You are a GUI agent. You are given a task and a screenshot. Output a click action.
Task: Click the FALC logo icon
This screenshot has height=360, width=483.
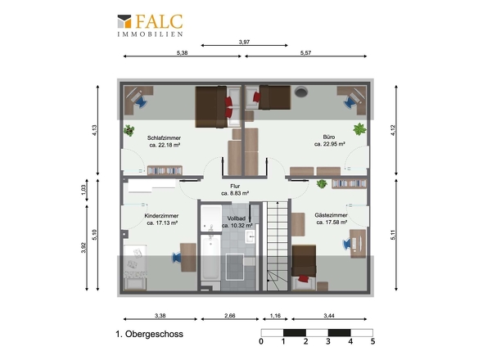[124, 21]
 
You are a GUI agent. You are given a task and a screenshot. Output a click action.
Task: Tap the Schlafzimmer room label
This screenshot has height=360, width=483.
[164, 138]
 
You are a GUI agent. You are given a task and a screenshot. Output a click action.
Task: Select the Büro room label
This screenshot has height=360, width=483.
[329, 137]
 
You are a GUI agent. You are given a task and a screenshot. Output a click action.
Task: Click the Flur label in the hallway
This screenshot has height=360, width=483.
[235, 187]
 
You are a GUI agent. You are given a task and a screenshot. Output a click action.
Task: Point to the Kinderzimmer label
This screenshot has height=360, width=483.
[161, 216]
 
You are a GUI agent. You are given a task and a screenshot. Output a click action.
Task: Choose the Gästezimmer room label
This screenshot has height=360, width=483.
[331, 215]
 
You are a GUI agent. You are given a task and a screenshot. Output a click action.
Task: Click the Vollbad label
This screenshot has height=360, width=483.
[237, 218]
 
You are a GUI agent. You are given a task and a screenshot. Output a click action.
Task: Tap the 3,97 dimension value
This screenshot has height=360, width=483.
[244, 42]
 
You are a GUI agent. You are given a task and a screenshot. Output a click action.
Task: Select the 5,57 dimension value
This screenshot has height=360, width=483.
[305, 53]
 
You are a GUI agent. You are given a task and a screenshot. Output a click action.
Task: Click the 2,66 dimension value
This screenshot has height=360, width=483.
[230, 316]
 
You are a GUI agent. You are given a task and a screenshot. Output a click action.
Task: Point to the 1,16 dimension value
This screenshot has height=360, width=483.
[275, 316]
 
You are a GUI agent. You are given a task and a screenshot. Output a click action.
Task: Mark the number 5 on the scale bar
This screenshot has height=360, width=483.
[372, 341]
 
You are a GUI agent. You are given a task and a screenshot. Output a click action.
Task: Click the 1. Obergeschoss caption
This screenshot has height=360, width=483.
[149, 334]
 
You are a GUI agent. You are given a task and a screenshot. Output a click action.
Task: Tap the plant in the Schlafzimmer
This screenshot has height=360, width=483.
[129, 130]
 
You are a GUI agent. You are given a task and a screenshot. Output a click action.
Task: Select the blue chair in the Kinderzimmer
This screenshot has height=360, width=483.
[176, 258]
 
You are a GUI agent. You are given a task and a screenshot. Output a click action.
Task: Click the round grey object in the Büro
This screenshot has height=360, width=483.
[301, 92]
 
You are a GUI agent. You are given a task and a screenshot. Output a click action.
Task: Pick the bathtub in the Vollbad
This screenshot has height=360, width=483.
[210, 258]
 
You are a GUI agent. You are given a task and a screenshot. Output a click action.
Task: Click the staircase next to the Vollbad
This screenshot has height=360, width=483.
[278, 246]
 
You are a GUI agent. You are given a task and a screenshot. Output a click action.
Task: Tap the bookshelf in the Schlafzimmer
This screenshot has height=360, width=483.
[165, 171]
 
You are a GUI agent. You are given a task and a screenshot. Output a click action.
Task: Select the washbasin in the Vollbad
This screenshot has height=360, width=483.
[251, 236]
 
